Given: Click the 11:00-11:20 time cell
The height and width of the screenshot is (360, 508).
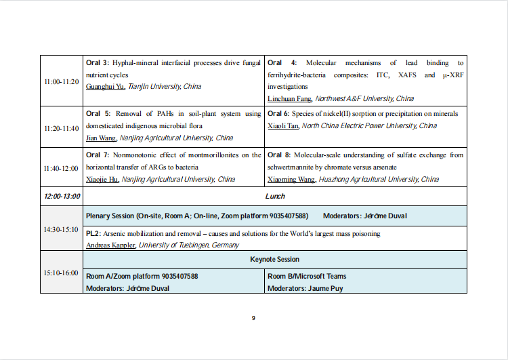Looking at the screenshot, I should tap(61, 81).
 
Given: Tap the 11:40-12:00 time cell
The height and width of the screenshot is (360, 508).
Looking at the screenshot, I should tap(61, 167).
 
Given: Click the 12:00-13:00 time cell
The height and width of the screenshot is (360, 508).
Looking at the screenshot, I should tap(62, 197).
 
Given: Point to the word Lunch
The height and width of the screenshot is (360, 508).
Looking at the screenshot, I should tap(275, 197).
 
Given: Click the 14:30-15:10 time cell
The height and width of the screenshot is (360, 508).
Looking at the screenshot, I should tap(61, 229).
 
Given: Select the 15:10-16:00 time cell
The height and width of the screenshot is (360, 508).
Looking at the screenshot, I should tap(61, 273).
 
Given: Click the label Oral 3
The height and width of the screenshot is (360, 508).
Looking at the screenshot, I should tap(98, 63).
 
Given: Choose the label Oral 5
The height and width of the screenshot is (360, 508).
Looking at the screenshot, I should tap(98, 114).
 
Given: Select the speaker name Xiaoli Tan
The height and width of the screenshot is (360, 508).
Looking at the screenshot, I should tap(283, 126).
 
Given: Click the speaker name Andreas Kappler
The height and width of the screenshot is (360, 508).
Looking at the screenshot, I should tap(110, 245).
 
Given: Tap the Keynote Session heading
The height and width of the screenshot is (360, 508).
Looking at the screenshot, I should tap(275, 260).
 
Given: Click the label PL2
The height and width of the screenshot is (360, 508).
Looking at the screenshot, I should tap(93, 234).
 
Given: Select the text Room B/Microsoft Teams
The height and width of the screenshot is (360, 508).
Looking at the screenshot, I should tap(307, 277).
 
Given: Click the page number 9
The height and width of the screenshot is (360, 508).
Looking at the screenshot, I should tap(253, 318).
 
